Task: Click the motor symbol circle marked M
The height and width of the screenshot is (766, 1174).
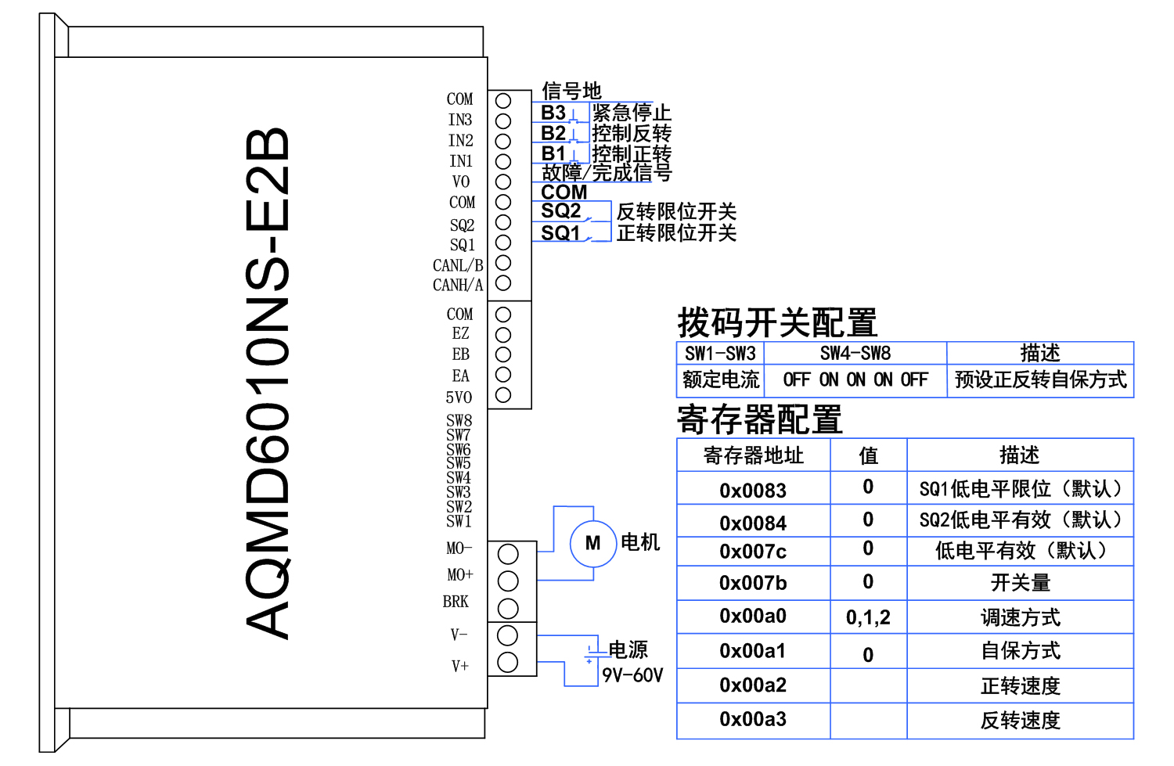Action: pyautogui.click(x=592, y=543)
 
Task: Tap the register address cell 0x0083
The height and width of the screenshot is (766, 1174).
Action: pyautogui.click(x=752, y=491)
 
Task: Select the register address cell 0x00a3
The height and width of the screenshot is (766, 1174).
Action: pyautogui.click(x=752, y=719)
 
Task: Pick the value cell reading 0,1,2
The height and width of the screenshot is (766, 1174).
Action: pyautogui.click(x=868, y=617)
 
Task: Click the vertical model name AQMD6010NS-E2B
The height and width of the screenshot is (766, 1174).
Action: pyautogui.click(x=268, y=383)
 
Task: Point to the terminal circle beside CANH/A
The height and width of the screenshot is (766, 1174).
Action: pyautogui.click(x=503, y=283)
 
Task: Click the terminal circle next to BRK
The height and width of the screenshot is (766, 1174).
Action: pyautogui.click(x=508, y=608)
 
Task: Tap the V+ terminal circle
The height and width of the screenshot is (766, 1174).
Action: pyautogui.click(x=508, y=662)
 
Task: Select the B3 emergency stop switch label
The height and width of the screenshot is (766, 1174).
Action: pyautogui.click(x=553, y=113)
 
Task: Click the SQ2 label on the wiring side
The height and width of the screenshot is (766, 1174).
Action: pyautogui.click(x=560, y=211)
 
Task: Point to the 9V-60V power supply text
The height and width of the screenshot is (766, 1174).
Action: pyautogui.click(x=632, y=675)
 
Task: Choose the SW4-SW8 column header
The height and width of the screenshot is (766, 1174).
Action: pyautogui.click(x=855, y=353)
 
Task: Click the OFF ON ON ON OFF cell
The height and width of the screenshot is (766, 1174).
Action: pyautogui.click(x=855, y=380)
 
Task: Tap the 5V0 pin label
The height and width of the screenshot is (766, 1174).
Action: pyautogui.click(x=459, y=397)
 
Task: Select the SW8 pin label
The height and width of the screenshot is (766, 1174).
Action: pyautogui.click(x=459, y=421)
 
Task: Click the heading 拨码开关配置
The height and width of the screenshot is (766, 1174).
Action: pyautogui.click(x=776, y=322)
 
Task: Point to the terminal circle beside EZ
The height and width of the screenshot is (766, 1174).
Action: pyautogui.click(x=503, y=335)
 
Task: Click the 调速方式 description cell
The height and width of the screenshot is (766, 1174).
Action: pyautogui.click(x=1020, y=617)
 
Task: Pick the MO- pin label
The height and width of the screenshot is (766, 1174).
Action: pyautogui.click(x=459, y=548)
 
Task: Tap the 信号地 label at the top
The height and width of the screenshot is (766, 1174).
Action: pyautogui.click(x=571, y=91)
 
